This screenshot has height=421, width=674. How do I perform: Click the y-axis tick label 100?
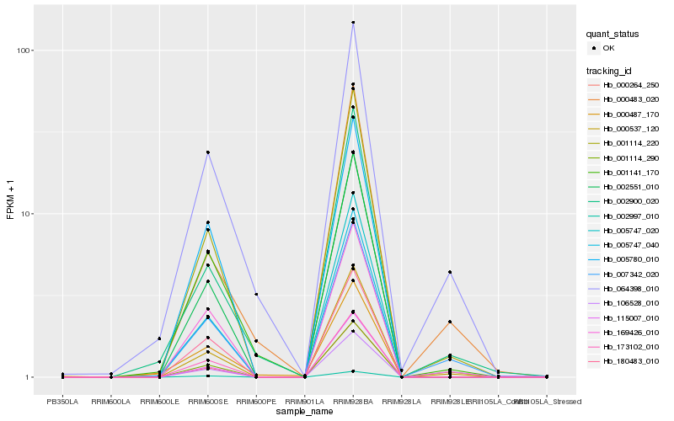[23, 51]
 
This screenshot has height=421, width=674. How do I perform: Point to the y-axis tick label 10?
[25, 214]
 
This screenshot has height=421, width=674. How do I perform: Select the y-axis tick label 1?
[28, 377]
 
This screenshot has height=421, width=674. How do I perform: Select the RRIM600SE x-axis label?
[207, 401]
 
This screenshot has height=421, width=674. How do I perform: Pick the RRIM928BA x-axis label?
[353, 401]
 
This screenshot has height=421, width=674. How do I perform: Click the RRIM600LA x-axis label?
[110, 401]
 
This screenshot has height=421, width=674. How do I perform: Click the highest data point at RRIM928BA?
[353, 23]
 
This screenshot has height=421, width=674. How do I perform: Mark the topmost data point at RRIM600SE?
[207, 152]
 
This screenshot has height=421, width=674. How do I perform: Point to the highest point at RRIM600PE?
[256, 294]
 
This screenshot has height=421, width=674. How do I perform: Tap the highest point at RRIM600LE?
[159, 338]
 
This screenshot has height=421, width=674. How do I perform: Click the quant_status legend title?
[613, 35]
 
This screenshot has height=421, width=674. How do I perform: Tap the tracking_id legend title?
[610, 71]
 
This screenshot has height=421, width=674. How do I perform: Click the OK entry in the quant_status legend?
[608, 48]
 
